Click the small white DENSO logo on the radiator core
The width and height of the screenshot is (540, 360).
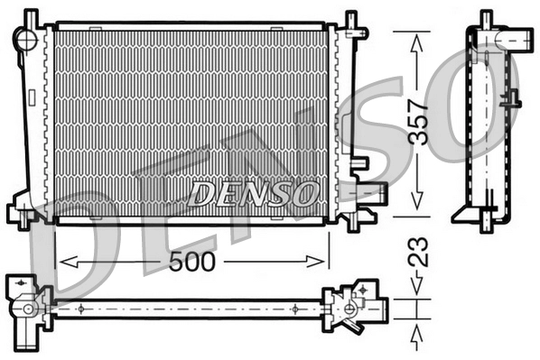point(254,192)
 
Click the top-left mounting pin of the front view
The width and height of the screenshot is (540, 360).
point(32,16)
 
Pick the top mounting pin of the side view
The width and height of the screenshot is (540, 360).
point(485,17)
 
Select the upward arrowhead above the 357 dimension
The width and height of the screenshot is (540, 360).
point(417,41)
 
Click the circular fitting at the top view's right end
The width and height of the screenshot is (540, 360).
point(349,309)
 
